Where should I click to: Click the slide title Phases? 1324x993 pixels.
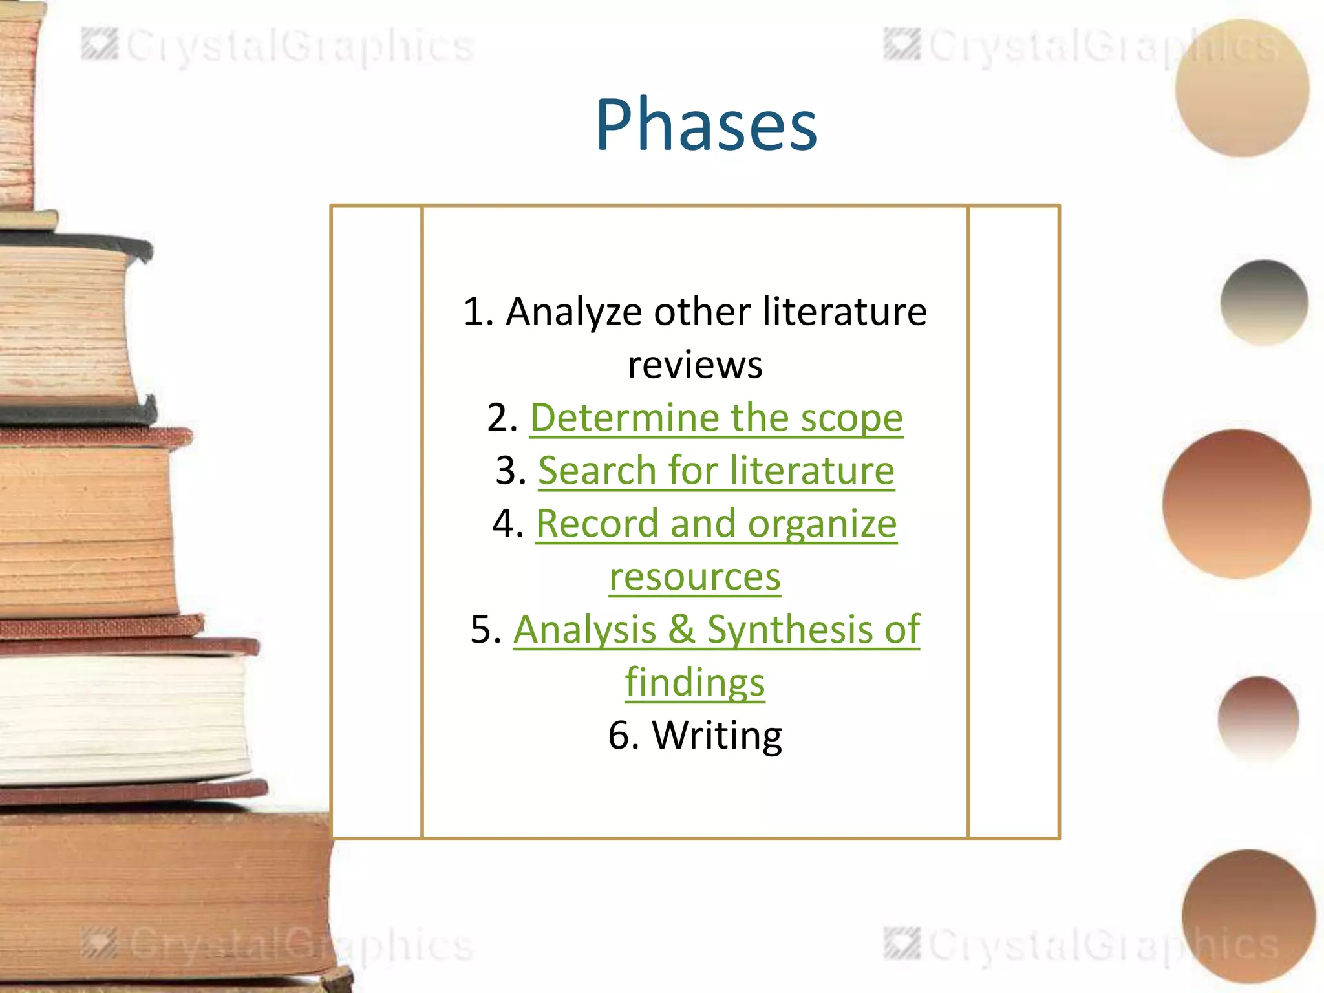[x=706, y=124]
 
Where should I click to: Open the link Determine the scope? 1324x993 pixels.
[x=716, y=418]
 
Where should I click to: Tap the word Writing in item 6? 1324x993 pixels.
[x=717, y=736]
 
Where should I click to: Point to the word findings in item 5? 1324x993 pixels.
[x=695, y=683]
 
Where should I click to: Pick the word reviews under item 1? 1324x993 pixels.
[x=695, y=365]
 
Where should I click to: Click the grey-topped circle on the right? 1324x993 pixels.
[x=1264, y=303]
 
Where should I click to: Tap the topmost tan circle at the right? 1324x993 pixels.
[x=1241, y=89]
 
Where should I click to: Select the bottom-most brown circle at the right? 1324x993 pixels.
[x=1248, y=917]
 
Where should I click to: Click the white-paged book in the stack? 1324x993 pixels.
[x=123, y=718]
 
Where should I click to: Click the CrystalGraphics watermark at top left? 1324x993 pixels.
[x=278, y=47]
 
